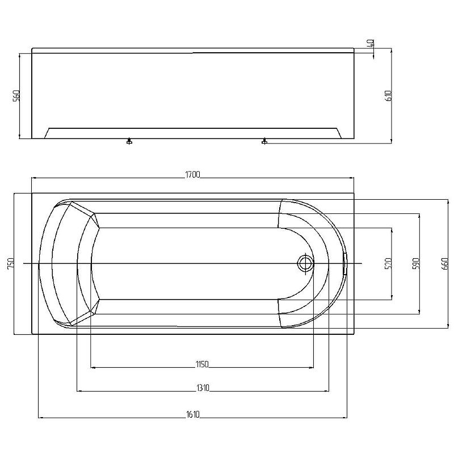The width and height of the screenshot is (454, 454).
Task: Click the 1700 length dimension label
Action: (x=192, y=175)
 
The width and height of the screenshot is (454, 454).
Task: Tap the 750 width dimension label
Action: (x=11, y=263)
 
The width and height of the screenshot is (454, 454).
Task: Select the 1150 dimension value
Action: (x=202, y=364)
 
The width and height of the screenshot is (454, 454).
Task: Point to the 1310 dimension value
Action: (x=203, y=388)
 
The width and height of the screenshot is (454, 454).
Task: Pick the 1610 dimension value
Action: (x=193, y=414)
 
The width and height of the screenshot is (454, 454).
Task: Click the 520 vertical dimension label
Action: (x=389, y=263)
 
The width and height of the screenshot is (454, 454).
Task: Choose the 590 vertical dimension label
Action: (x=416, y=263)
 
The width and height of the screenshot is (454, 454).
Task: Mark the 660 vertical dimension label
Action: (x=444, y=263)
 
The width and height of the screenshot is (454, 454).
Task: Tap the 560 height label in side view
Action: (x=16, y=95)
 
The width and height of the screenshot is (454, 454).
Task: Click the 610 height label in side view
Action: (x=389, y=95)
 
